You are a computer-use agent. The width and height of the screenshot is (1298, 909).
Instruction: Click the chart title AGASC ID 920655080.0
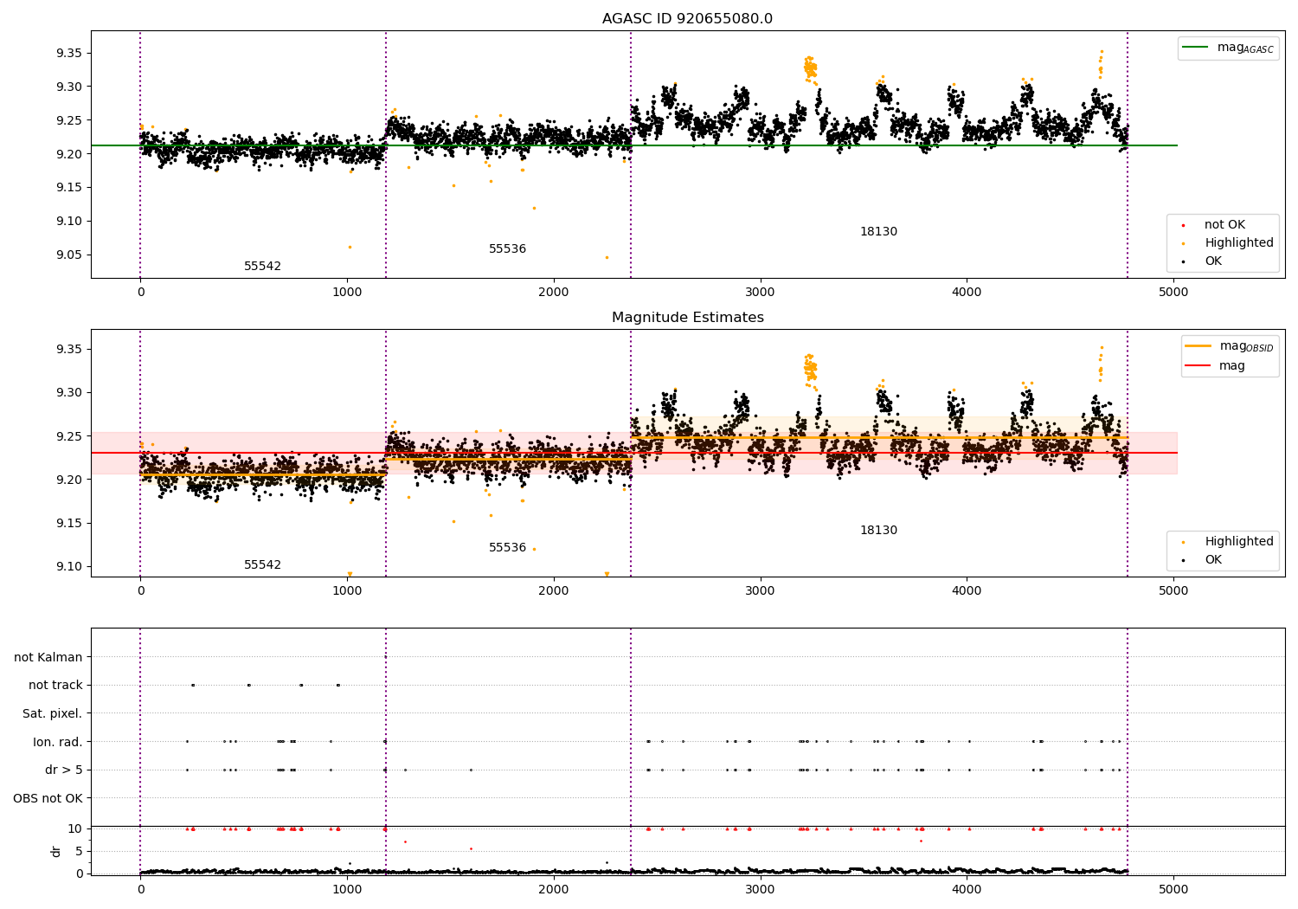(687, 18)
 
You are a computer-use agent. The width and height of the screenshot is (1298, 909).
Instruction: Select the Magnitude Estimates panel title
(687, 317)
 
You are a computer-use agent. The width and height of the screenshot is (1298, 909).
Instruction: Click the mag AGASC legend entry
(1228, 48)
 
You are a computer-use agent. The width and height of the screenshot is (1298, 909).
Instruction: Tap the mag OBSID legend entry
(1229, 346)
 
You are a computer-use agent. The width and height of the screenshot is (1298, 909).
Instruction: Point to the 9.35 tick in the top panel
(69, 54)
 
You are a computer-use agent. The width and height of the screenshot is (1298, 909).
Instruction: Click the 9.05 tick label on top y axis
(69, 255)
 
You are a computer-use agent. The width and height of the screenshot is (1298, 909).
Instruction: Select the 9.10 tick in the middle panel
(69, 566)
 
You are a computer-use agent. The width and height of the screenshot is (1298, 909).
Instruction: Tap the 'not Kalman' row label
(48, 657)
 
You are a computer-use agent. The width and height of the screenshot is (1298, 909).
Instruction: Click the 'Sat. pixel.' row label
(52, 713)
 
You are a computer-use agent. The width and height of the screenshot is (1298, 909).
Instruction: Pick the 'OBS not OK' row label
(48, 798)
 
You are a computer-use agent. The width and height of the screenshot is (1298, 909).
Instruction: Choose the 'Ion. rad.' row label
(57, 742)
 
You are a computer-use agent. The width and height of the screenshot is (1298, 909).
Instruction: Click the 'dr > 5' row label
(64, 770)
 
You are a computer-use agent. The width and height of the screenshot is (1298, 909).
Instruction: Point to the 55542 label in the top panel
(262, 266)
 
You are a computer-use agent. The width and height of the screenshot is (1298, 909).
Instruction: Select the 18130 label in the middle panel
(878, 530)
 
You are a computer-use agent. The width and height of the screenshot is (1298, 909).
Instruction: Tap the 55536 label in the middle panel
(508, 547)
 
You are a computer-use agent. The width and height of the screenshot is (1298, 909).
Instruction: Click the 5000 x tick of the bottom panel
(1173, 889)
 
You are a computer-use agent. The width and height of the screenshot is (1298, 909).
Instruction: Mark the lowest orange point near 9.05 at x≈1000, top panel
(350, 247)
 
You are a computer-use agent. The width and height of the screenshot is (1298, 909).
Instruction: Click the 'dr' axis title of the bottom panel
(55, 851)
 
